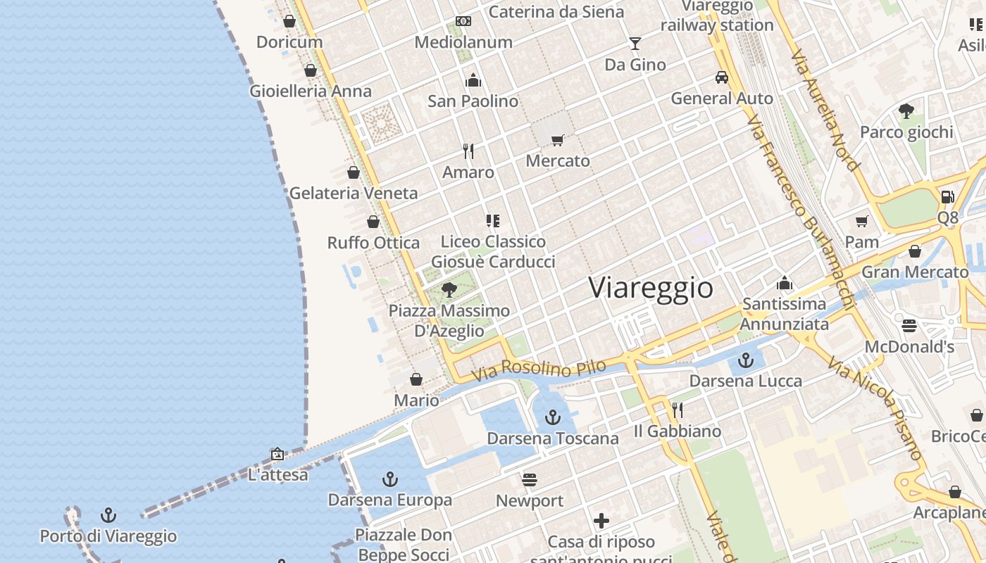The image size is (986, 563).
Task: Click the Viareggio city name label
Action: pos(650,288)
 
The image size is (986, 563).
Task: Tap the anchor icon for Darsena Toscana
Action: pos(553,417)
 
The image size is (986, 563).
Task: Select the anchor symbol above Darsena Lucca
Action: pos(746,361)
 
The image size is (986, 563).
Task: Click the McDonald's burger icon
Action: pos(909,325)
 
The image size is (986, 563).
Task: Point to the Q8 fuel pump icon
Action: pos(947,196)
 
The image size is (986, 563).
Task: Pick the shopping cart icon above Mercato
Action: pos(558,140)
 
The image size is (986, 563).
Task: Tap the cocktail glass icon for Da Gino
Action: pos(635,44)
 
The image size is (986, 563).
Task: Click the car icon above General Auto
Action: pos(722,77)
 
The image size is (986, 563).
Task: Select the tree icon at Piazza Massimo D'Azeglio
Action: pos(449,289)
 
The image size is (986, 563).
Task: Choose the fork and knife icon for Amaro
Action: pos(468,151)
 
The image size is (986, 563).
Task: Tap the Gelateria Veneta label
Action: pos(354,193)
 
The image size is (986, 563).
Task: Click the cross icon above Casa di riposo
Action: pos(601,521)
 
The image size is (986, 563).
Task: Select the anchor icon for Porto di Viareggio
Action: pos(108,515)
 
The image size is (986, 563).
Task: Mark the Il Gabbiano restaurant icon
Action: pos(678,410)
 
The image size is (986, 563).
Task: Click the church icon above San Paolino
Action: pos(473,80)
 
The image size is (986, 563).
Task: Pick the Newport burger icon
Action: pos(530,480)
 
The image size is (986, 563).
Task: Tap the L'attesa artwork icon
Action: pos(277,454)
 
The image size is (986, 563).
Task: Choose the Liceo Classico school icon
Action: pos(493,221)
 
